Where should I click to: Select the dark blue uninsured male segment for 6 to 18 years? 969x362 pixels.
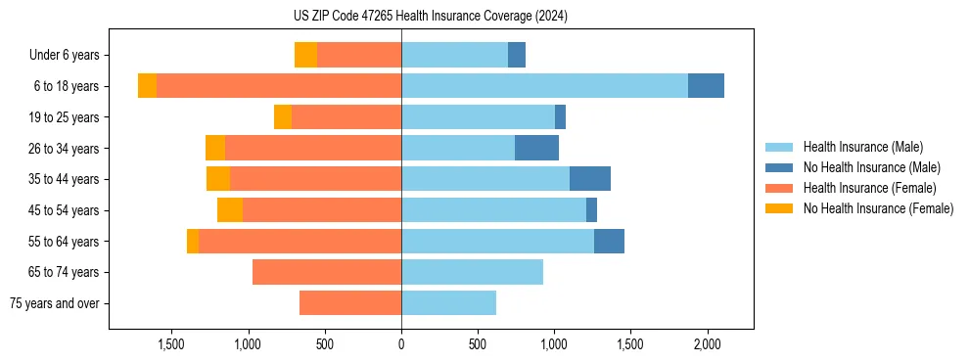click(706, 86)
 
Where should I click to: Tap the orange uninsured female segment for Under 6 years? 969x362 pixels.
click(305, 55)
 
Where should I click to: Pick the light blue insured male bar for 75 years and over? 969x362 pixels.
click(448, 303)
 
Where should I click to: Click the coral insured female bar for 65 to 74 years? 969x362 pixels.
click(327, 272)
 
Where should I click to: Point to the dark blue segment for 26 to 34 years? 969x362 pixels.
click(536, 148)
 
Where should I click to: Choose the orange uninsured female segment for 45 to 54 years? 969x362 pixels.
click(230, 210)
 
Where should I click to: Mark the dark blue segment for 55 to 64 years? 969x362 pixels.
click(609, 241)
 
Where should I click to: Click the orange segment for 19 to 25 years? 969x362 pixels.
click(283, 117)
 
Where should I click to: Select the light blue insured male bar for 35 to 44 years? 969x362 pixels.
click(485, 179)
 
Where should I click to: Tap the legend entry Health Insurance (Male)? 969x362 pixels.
click(862, 147)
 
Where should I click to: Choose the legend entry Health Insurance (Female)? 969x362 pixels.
click(869, 188)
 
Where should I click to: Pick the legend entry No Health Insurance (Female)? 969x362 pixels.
click(878, 208)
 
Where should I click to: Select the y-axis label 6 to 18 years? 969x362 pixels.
click(66, 86)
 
